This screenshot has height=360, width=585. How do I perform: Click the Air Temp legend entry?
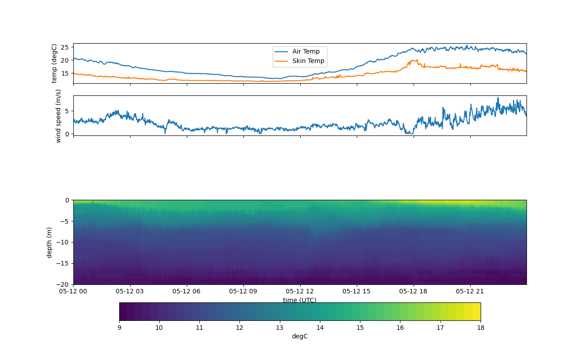(306, 52)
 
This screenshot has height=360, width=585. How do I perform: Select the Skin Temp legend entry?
(308, 61)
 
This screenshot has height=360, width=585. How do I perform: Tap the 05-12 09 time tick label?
(243, 291)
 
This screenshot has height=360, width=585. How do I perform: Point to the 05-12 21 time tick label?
(470, 291)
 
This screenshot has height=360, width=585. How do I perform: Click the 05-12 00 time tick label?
(73, 291)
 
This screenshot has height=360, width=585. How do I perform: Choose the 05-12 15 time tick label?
(357, 291)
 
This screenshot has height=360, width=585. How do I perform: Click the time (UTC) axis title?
(300, 300)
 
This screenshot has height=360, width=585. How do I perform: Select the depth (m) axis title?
(50, 242)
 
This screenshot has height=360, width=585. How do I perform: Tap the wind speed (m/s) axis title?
(58, 116)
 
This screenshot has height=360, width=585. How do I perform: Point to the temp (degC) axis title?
(54, 63)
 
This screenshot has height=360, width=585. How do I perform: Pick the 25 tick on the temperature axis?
(64, 47)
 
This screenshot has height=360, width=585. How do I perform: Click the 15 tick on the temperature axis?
(64, 73)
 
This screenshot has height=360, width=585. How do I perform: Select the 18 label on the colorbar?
(481, 328)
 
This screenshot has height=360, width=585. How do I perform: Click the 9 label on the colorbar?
(119, 328)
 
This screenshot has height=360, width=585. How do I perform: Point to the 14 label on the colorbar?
(320, 328)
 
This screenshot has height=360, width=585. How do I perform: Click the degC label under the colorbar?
(300, 337)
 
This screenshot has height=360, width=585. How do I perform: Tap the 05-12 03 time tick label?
(130, 291)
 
